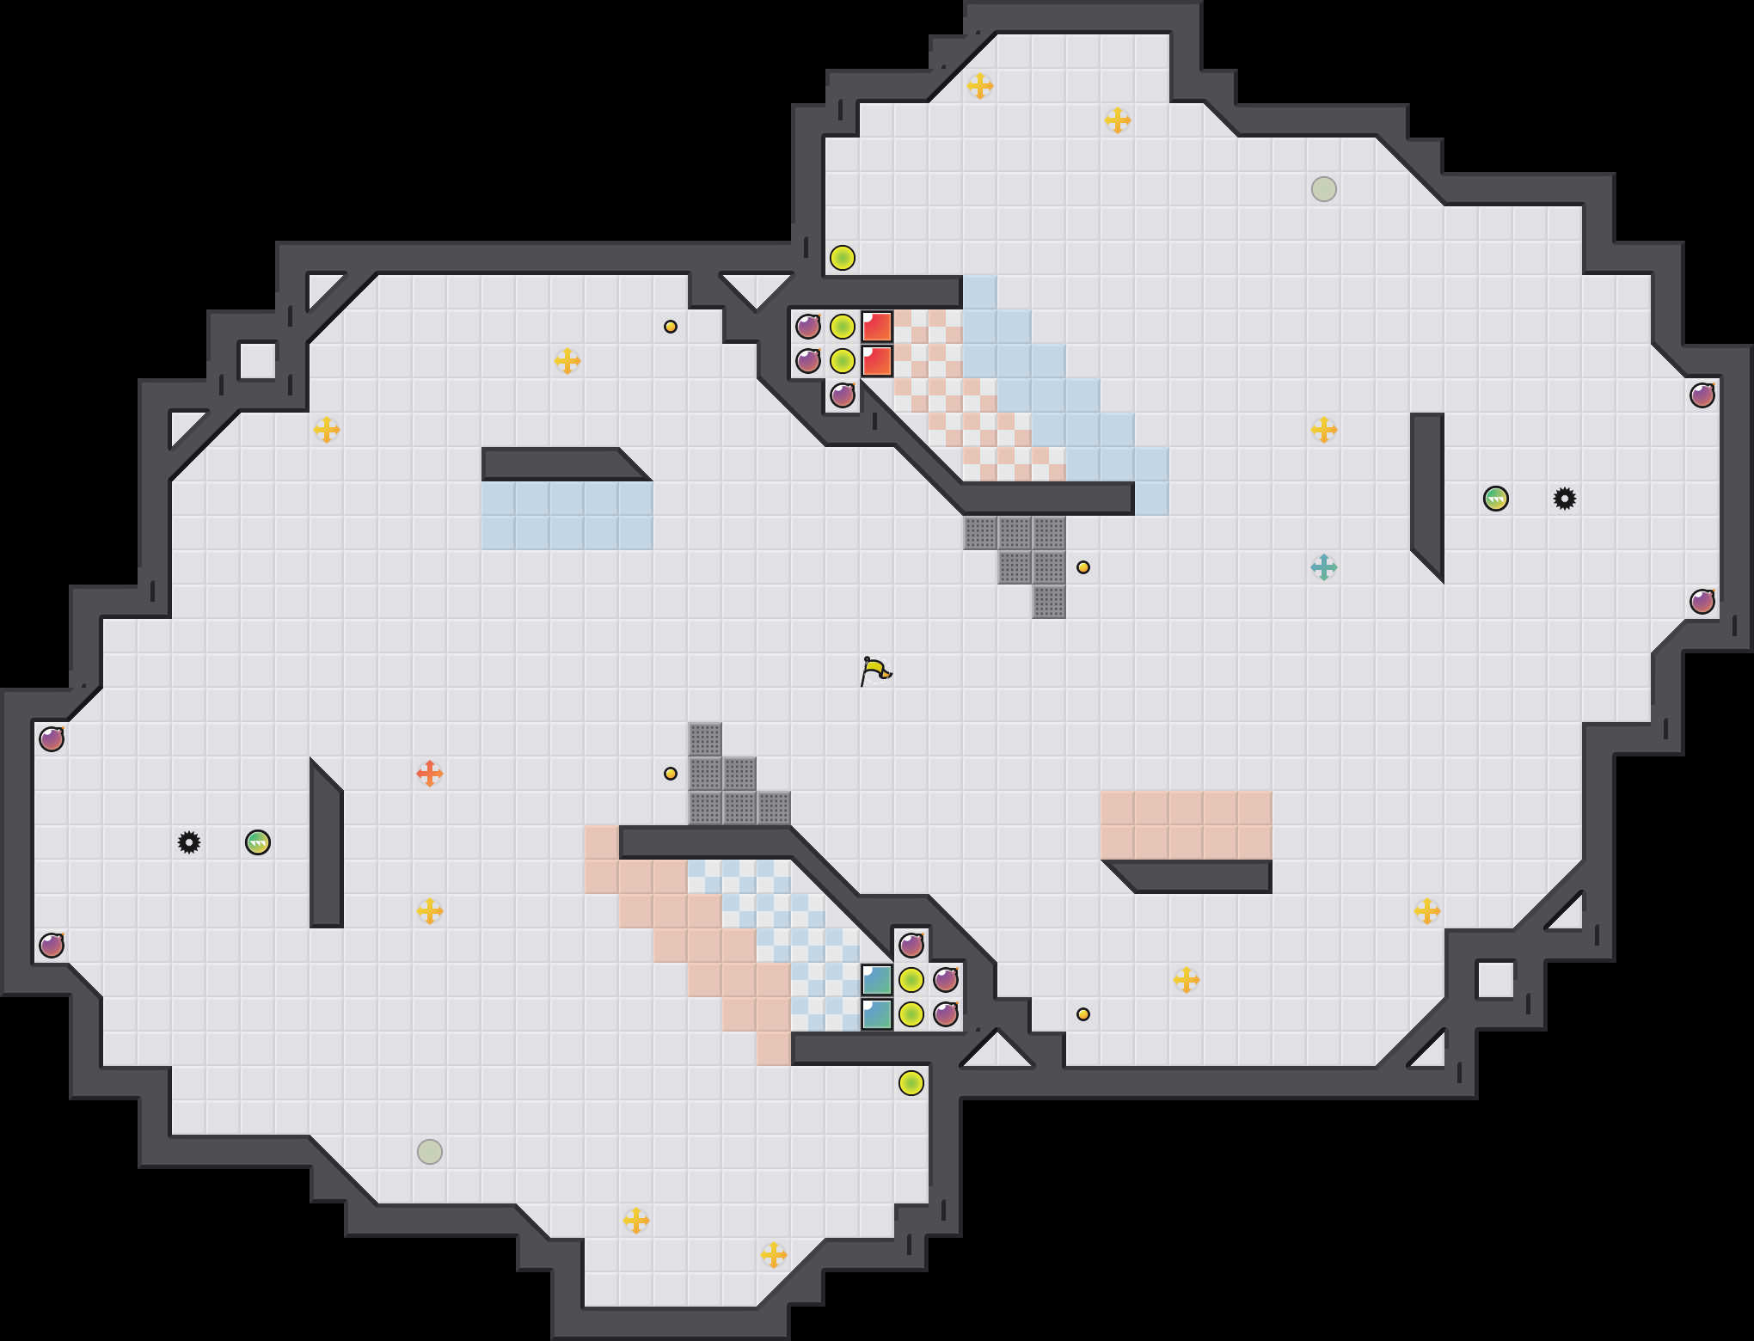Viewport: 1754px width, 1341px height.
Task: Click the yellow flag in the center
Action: coord(875,670)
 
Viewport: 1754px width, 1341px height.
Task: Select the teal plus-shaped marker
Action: coord(1323,567)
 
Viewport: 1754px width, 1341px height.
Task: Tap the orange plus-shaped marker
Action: coord(430,774)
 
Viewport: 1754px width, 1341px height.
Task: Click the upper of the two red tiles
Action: coord(877,327)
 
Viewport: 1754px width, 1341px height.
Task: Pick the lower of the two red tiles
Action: coord(877,361)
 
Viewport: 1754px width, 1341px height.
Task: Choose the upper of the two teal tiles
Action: coord(877,980)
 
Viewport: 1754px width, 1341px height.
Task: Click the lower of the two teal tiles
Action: coord(877,1014)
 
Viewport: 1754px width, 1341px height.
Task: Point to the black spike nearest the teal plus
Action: coord(1565,499)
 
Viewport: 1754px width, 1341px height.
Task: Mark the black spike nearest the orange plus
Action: coord(189,842)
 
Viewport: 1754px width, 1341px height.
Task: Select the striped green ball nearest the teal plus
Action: coord(1496,499)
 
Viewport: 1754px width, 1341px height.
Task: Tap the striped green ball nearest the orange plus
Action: coord(258,842)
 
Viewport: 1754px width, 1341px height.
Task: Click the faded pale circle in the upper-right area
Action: coord(1324,189)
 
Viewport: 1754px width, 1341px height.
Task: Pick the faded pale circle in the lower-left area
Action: coord(430,1152)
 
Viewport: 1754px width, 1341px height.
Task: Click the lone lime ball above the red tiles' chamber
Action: coord(843,258)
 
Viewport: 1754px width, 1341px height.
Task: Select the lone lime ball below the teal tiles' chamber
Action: coord(911,1083)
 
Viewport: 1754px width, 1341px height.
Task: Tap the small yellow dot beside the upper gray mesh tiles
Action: coord(1083,567)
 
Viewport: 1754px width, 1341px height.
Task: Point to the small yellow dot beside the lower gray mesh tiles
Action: coord(671,774)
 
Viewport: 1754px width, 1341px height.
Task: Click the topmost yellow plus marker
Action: coord(980,86)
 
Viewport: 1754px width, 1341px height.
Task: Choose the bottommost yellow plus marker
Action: coord(774,1255)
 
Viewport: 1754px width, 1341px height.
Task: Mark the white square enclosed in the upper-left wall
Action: coord(257,361)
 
